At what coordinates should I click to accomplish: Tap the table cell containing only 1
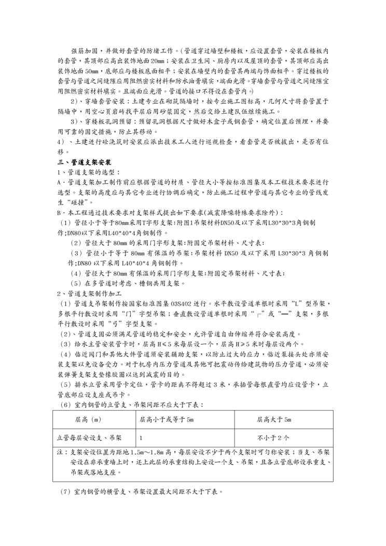tap(141, 438)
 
